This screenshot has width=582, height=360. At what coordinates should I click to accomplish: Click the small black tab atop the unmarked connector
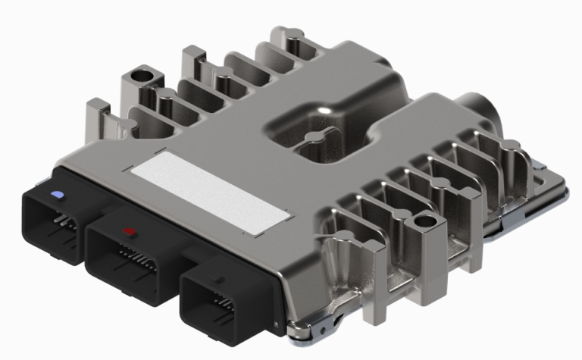[x=219, y=278]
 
